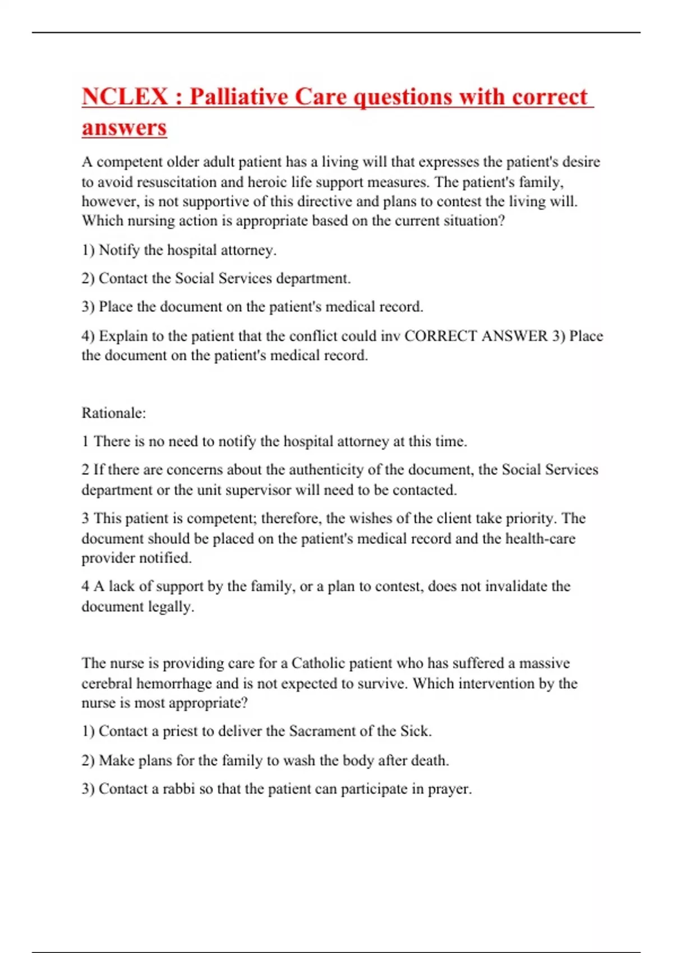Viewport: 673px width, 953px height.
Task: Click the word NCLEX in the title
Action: tap(125, 97)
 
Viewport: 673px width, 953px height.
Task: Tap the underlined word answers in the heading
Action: tap(124, 127)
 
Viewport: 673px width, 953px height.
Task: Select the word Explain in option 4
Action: tap(123, 336)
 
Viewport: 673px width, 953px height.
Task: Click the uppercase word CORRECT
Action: tap(441, 336)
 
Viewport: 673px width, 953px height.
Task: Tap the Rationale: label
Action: tap(114, 413)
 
